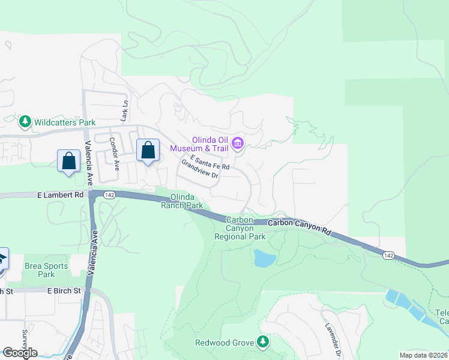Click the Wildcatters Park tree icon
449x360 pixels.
25,122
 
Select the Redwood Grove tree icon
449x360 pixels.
262,343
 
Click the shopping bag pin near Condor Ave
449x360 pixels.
148,151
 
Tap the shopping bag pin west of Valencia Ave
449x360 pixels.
69,161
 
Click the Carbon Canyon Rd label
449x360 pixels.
300,226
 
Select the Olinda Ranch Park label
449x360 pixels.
181,201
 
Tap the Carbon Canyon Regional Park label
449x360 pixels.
240,229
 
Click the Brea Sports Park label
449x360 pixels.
46,270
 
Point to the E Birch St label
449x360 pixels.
64,291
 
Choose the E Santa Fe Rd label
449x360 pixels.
209,162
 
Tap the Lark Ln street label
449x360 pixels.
125,112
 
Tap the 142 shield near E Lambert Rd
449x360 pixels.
109,195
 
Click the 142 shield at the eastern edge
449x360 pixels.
388,256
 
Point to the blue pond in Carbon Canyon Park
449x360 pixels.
264,259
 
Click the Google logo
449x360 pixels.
20,353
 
